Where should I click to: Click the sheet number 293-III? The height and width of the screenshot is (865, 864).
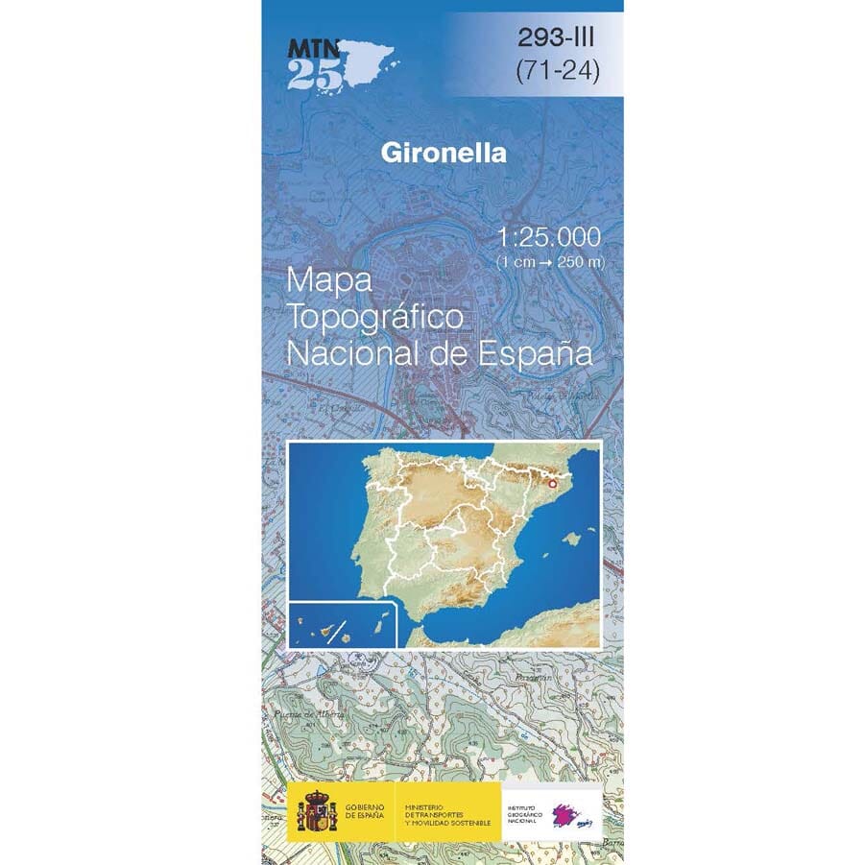coord(557,38)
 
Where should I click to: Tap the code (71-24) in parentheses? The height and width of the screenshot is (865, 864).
coord(557,72)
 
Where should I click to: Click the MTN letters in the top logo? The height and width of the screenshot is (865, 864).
coord(312,45)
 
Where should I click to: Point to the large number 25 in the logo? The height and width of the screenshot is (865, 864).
coord(313,74)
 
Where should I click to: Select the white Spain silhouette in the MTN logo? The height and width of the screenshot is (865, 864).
coord(370,62)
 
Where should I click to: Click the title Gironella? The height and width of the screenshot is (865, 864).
coord(443,152)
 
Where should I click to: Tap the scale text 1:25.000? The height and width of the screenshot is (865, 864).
coord(550,237)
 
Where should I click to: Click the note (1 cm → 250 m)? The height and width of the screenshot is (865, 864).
coord(550,261)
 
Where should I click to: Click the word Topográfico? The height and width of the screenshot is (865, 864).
coord(375,317)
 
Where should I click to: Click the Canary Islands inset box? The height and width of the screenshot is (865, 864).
coord(342,624)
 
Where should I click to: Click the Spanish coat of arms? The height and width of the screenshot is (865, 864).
coord(316,811)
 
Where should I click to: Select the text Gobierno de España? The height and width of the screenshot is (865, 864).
coord(363,811)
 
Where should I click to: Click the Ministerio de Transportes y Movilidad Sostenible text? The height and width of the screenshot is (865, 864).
coord(447,812)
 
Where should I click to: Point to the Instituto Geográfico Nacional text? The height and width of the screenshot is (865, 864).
coord(524,812)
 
